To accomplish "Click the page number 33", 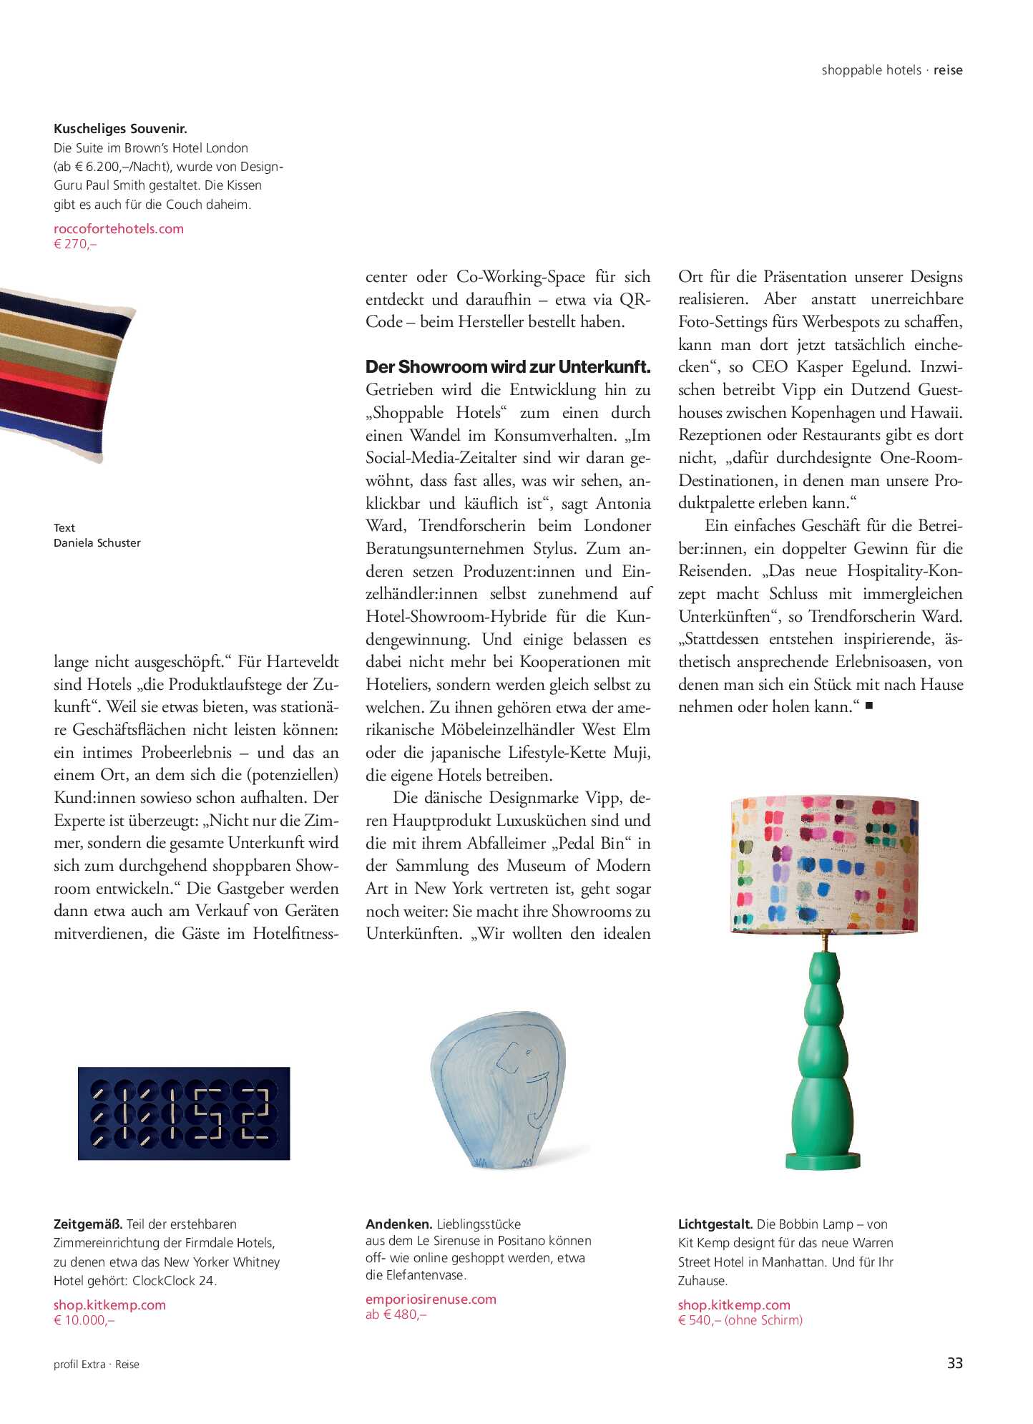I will click(954, 1362).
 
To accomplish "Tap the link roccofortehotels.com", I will click(119, 229).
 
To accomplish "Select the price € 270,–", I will click(75, 244).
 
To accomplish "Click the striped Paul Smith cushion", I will click(64, 372).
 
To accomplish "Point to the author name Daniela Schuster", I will click(97, 543).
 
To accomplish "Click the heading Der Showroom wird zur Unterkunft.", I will click(508, 367).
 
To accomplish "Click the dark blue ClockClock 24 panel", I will click(184, 1113).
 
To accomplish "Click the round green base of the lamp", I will click(823, 1160).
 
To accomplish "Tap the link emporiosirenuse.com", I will click(431, 1299).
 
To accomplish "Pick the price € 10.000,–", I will click(84, 1320).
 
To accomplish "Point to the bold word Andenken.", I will click(398, 1224).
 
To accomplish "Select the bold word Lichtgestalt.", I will click(715, 1224).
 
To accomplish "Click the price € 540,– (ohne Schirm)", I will click(740, 1320).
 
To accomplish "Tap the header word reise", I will click(948, 70).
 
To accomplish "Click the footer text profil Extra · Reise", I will click(97, 1365).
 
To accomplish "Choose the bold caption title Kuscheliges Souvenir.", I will click(120, 129).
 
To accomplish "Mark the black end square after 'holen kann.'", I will click(869, 706).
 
